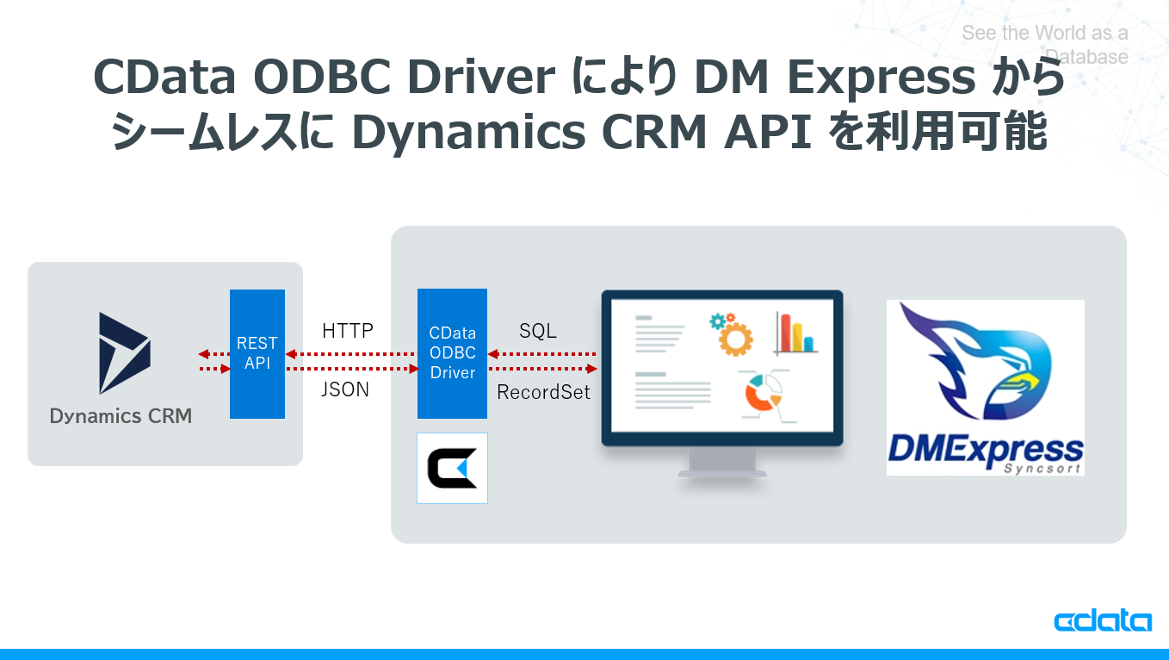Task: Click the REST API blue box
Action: pyautogui.click(x=257, y=354)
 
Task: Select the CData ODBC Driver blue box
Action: pyautogui.click(x=452, y=353)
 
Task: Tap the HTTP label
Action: pyautogui.click(x=348, y=331)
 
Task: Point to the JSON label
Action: pyautogui.click(x=345, y=389)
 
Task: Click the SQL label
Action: pyautogui.click(x=538, y=331)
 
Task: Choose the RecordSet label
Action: pyautogui.click(x=544, y=393)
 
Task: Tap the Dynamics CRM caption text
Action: pyautogui.click(x=121, y=416)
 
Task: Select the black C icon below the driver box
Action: pyautogui.click(x=452, y=468)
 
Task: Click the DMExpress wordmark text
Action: pyautogui.click(x=985, y=449)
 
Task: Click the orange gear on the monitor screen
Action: pyautogui.click(x=734, y=336)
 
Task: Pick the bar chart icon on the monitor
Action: pyautogui.click(x=795, y=333)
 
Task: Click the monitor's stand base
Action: pyautogui.click(x=721, y=472)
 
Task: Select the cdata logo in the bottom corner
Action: pyautogui.click(x=1102, y=621)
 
